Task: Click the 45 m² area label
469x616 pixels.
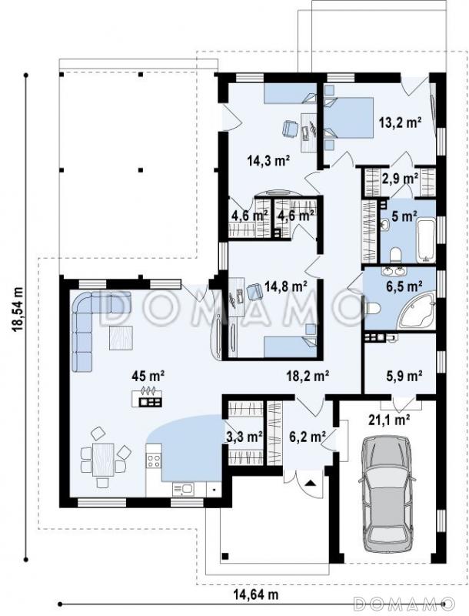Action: point(148,377)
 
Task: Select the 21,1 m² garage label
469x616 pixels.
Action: point(388,420)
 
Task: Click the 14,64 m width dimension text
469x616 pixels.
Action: point(256,594)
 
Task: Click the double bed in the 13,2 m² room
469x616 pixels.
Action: point(349,118)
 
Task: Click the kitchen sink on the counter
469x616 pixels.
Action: point(183,489)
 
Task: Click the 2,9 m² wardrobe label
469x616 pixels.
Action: point(400,179)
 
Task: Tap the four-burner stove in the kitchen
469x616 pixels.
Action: point(154,460)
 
